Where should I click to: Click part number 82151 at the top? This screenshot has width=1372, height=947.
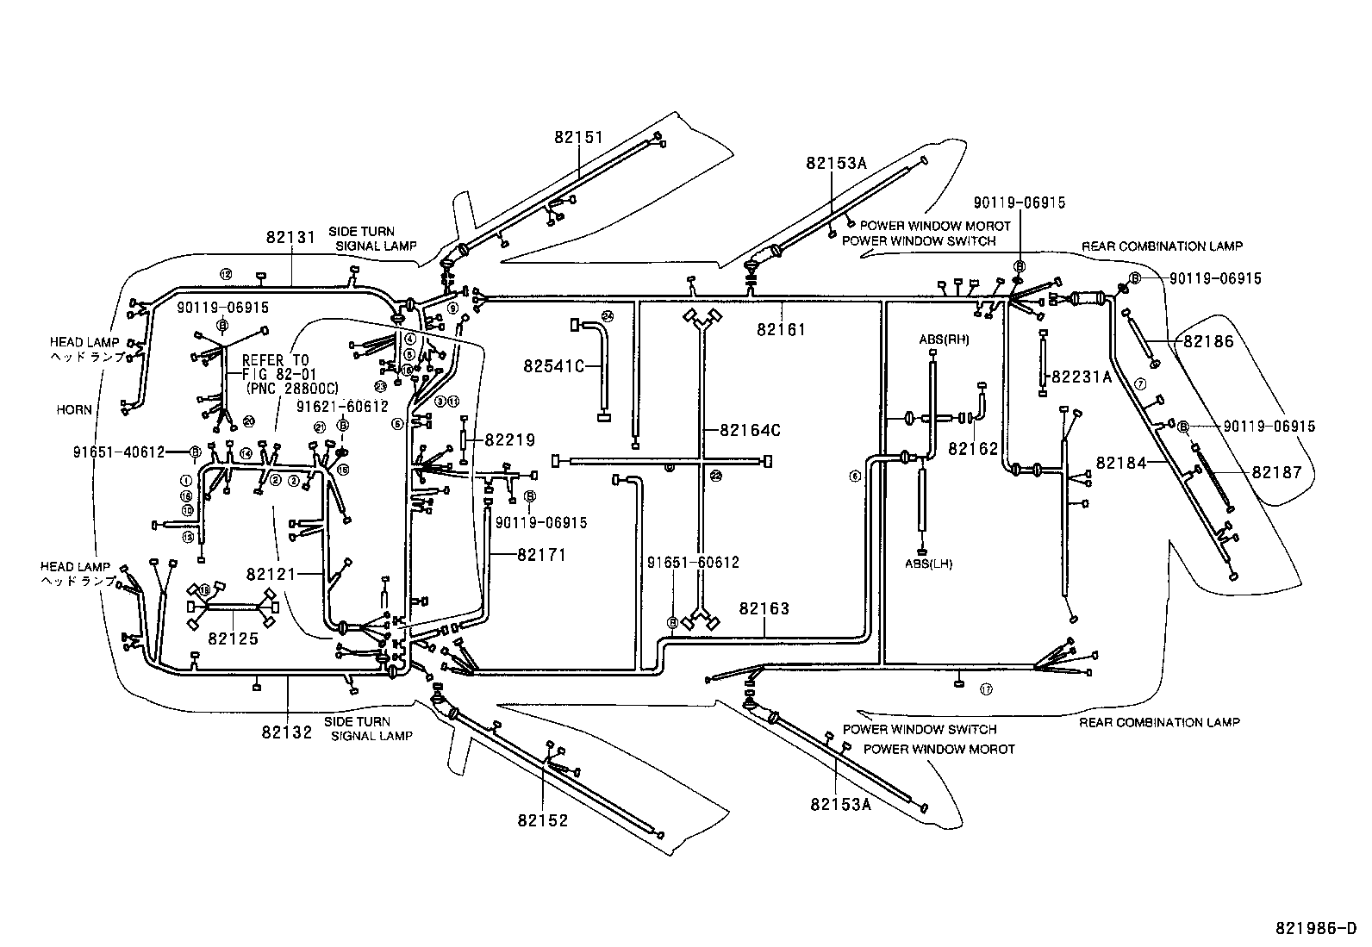point(578,137)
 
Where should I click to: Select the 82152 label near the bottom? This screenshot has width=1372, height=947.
point(543,820)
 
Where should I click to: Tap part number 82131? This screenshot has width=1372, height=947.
point(291,236)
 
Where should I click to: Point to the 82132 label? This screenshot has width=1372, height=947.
point(288,732)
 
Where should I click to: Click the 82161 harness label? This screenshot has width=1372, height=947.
point(782,328)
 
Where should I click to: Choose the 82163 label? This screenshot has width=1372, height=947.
point(764,608)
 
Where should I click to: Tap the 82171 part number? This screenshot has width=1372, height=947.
point(542,555)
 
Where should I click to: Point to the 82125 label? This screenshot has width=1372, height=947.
point(234,639)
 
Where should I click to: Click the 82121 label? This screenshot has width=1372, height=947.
point(271,574)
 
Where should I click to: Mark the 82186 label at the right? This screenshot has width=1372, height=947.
point(1208,341)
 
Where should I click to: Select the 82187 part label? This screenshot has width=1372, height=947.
point(1277,472)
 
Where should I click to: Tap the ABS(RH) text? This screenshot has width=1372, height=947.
point(944,340)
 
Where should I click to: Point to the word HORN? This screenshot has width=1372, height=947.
point(74,410)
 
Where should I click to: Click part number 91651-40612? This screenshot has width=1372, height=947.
point(121,452)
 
